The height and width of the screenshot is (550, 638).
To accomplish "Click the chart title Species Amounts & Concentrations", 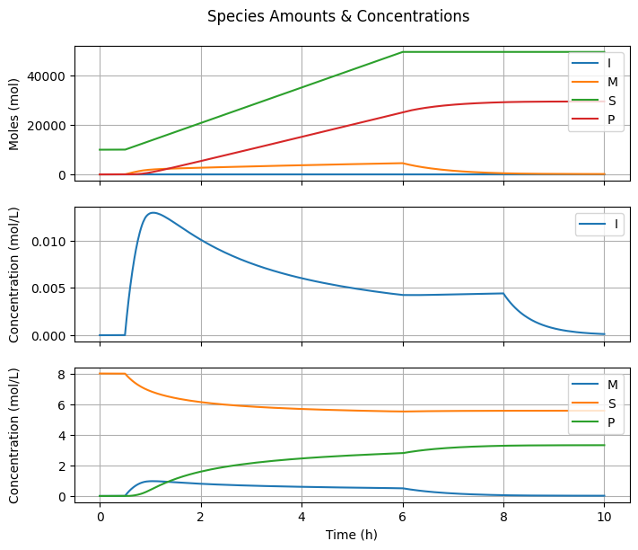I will pos(338,16).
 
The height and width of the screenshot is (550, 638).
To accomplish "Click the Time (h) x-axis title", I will pos(352,534).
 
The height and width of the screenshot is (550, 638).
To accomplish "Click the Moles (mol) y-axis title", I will pos(14,112).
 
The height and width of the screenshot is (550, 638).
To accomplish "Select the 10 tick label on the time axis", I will pos(604,515).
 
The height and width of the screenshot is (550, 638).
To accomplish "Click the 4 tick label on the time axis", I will pos(302,515).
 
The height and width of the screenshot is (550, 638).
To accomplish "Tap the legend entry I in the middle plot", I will pos(614,225).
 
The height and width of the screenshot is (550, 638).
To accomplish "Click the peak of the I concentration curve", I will pos(153,213).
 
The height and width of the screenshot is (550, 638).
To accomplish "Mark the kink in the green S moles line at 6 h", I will pos(403,52).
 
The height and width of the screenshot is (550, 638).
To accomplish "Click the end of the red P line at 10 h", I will pos(604,102).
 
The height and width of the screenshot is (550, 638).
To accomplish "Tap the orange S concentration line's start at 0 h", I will pos(100,373).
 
